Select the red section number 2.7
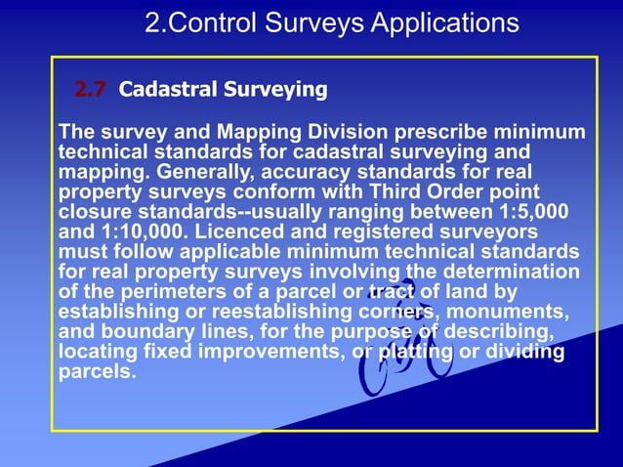click(x=91, y=91)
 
